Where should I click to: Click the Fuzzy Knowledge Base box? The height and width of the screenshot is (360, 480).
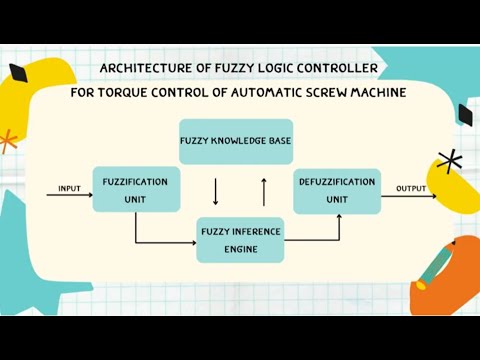pos(236,141)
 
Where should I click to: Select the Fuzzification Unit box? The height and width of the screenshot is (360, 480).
pos(136,190)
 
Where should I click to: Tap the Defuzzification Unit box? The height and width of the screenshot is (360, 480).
pos(337,190)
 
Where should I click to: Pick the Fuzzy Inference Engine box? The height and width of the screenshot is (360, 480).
pos(240,239)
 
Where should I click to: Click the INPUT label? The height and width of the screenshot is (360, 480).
pos(69,188)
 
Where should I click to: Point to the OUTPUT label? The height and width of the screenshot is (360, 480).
pos(411,188)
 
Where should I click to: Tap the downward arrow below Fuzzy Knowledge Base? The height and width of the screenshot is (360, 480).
pos(215,190)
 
